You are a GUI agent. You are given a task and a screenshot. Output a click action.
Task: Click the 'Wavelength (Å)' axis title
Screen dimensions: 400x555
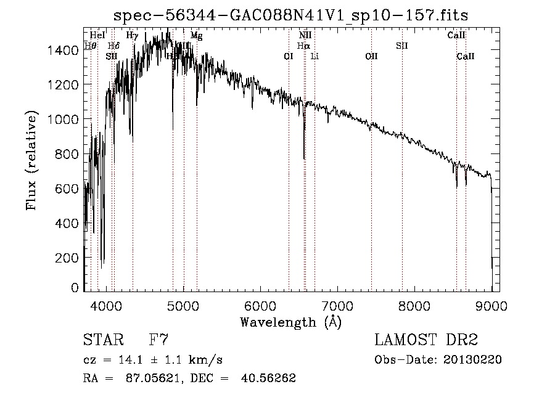(x=290, y=322)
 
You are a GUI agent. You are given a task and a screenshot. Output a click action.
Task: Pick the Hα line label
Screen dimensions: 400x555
(x=303, y=46)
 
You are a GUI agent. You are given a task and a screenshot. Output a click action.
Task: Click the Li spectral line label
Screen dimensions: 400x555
(x=314, y=56)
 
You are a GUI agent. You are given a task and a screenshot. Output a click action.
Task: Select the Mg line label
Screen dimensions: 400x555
(x=196, y=36)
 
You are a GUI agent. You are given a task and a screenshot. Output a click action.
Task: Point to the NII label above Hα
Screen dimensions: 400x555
(x=305, y=36)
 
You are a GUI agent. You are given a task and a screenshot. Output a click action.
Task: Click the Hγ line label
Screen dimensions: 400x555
(x=132, y=36)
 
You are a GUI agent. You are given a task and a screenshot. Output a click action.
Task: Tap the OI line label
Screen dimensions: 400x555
(x=288, y=56)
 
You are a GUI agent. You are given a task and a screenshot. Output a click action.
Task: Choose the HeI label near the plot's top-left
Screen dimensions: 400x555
(x=97, y=36)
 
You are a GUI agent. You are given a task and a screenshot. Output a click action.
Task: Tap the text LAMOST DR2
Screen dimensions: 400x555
(x=426, y=340)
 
